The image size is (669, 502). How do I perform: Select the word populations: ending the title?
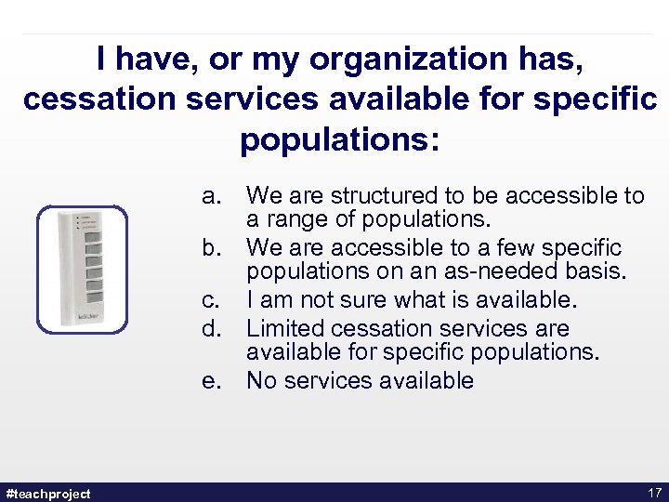pos(340,139)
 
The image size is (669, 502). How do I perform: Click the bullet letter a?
pos(213,196)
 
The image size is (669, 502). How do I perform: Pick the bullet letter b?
pos(213,249)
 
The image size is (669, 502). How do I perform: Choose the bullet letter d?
pos(213,328)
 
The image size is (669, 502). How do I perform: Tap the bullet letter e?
pos(213,381)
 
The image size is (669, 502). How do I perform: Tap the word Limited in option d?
pos(288,328)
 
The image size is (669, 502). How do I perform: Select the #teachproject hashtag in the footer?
pos(47,492)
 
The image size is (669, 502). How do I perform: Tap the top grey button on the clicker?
pos(94,236)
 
